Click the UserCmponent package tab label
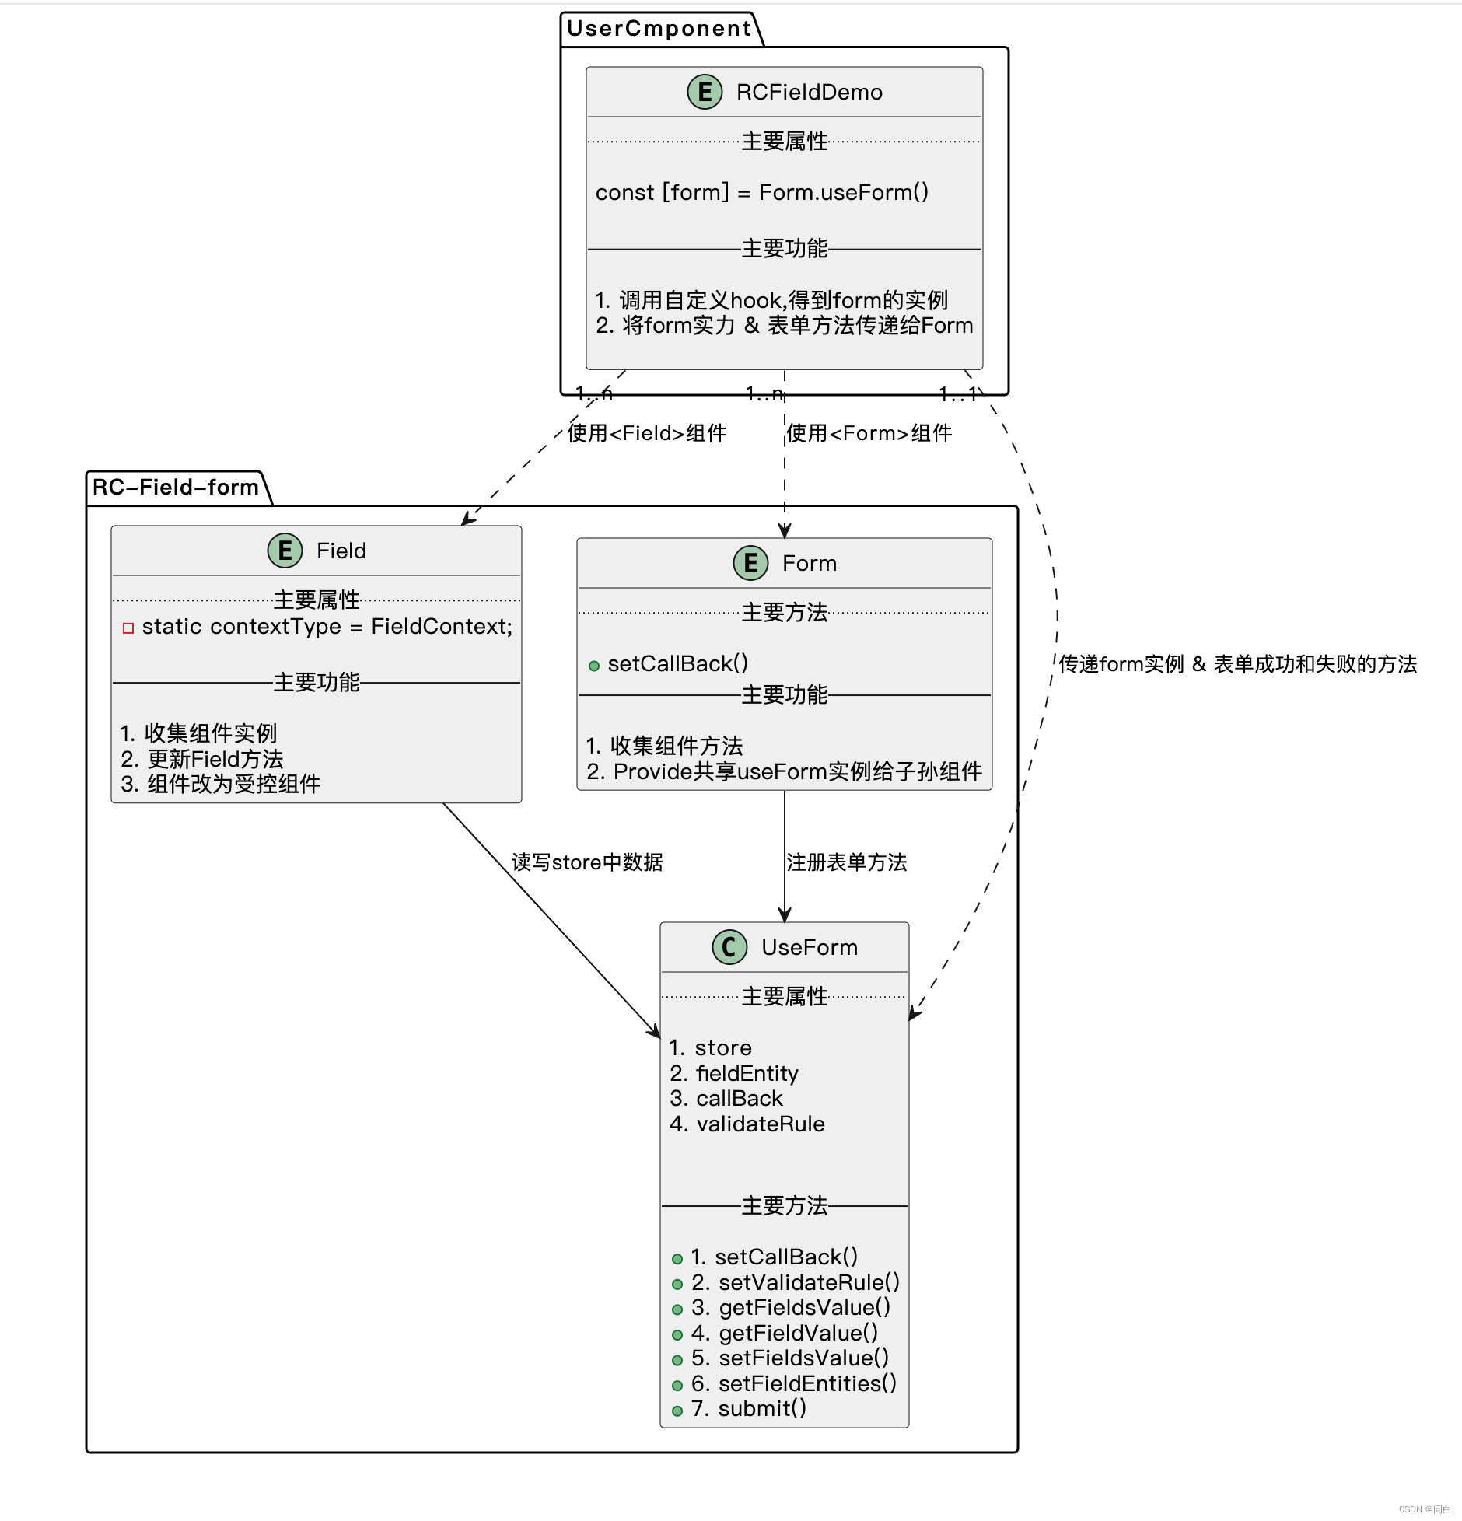click(x=659, y=29)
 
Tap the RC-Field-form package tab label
click(x=175, y=488)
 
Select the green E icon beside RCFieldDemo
click(x=705, y=92)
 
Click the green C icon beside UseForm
click(x=729, y=947)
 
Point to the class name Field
click(x=341, y=551)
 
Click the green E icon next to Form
click(x=750, y=563)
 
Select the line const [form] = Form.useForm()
click(x=762, y=192)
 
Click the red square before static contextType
click(x=128, y=628)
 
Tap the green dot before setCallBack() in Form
click(x=594, y=666)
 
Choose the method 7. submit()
click(x=749, y=1408)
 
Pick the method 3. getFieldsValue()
click(x=790, y=1307)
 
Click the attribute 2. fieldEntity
click(x=734, y=1073)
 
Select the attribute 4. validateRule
click(x=747, y=1124)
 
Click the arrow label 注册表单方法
click(x=846, y=862)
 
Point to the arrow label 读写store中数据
click(x=587, y=862)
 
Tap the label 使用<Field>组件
click(x=647, y=433)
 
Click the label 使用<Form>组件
click(x=869, y=433)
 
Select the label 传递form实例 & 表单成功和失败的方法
click(x=1237, y=664)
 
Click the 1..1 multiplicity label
click(x=958, y=395)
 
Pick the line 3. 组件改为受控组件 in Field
click(x=221, y=784)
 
